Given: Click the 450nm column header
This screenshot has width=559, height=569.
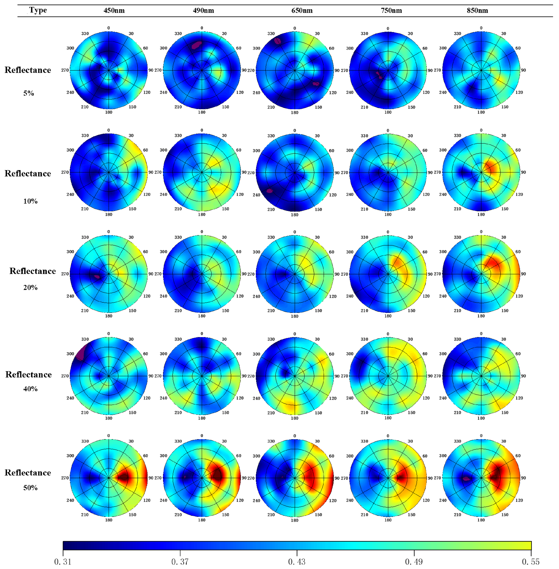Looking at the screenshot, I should [x=114, y=11].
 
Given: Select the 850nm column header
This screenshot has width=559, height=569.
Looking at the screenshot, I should [x=477, y=11].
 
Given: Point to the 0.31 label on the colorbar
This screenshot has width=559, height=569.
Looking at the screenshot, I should [x=63, y=562].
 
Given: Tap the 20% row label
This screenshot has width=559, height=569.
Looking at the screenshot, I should [x=30, y=288].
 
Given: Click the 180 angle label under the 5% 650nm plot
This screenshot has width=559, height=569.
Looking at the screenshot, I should [x=295, y=112].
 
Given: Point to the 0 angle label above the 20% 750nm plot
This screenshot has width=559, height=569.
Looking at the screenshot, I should [x=388, y=232].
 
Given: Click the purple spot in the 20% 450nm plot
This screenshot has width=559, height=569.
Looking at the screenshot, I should [x=97, y=276].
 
